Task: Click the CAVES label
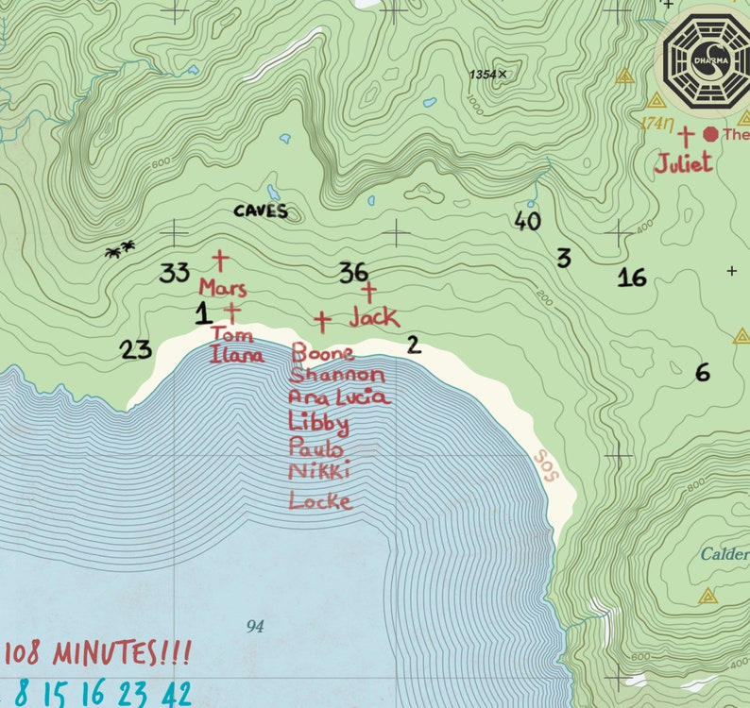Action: [260, 211]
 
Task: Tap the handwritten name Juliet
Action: [683, 163]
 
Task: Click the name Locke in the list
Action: [320, 500]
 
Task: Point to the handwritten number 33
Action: [174, 274]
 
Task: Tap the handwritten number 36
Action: [353, 273]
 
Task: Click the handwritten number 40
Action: [528, 221]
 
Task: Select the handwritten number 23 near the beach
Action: [136, 350]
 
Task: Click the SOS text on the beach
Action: [546, 464]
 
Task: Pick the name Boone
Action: [323, 353]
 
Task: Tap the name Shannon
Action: [337, 375]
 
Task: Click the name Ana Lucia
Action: [338, 397]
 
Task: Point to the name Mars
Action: [223, 288]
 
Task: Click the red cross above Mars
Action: [220, 260]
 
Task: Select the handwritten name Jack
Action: [374, 317]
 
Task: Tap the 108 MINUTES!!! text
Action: [98, 652]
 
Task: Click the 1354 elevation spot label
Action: [487, 75]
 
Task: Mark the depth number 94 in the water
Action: [255, 626]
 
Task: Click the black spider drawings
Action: [119, 250]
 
